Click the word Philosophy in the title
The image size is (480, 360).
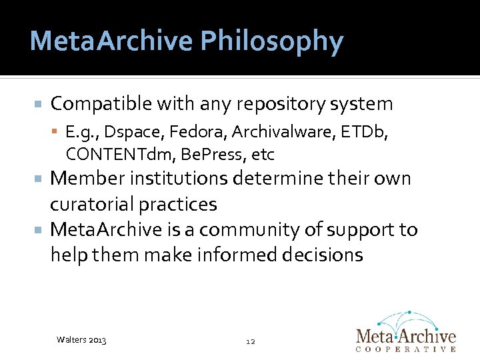point(271,42)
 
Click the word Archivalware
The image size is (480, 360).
point(273,133)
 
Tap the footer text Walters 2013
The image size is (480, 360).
point(81,341)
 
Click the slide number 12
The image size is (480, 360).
point(251,341)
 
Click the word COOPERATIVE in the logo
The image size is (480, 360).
point(406,349)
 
